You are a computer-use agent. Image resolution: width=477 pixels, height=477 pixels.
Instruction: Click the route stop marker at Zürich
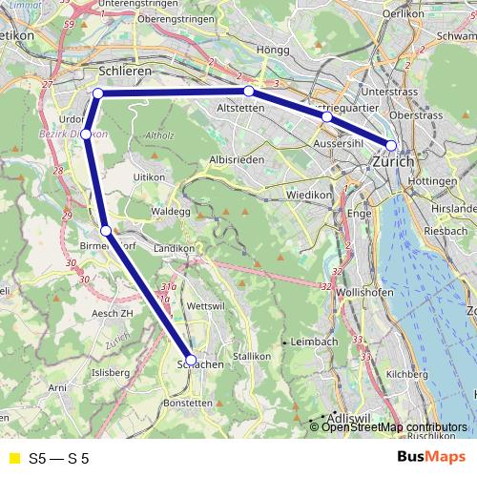(391, 146)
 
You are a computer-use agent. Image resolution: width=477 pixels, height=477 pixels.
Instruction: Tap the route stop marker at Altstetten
(249, 92)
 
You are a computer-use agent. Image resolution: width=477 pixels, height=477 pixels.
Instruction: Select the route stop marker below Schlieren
(98, 93)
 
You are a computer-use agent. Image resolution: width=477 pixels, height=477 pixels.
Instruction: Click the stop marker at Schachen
(191, 360)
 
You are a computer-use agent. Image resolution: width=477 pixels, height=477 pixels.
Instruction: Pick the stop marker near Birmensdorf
(107, 230)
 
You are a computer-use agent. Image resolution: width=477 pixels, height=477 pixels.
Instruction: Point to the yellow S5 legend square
(13, 458)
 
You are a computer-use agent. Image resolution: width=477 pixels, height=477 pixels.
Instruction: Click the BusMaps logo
(430, 458)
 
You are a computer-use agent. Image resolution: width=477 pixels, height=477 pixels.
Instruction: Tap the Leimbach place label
(316, 341)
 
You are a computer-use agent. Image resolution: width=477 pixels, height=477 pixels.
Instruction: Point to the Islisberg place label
(109, 372)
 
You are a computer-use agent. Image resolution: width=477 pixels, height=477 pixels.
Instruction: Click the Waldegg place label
(173, 210)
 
